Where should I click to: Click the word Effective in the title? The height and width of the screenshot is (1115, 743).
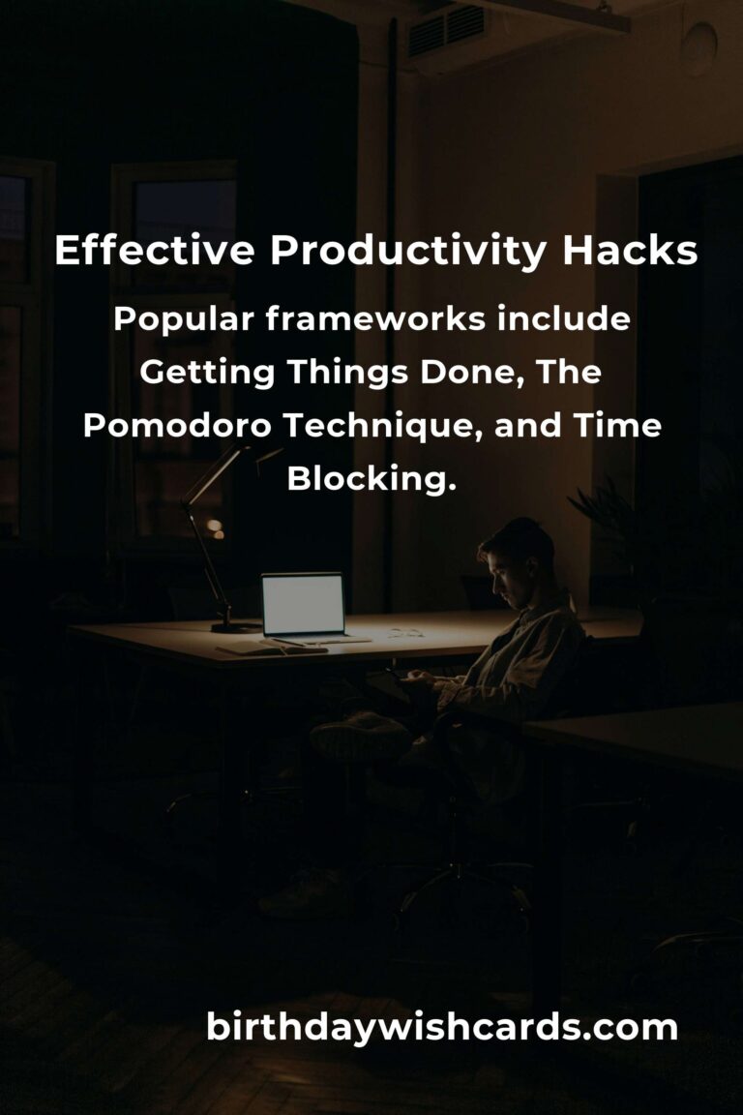[x=154, y=251]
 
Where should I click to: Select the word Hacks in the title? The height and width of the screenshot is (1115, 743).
[x=630, y=251]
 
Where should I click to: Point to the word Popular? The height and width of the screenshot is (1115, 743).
[x=183, y=320]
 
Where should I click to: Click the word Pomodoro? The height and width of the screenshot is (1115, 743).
[x=177, y=425]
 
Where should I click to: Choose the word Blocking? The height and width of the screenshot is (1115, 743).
[x=371, y=478]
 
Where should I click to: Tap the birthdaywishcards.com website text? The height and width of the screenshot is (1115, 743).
[x=441, y=1028]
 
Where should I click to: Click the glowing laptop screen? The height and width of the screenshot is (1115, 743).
[x=303, y=604]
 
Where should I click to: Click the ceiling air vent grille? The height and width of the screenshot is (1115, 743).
[x=447, y=29]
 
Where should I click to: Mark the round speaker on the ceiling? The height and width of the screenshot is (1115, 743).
[x=699, y=47]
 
